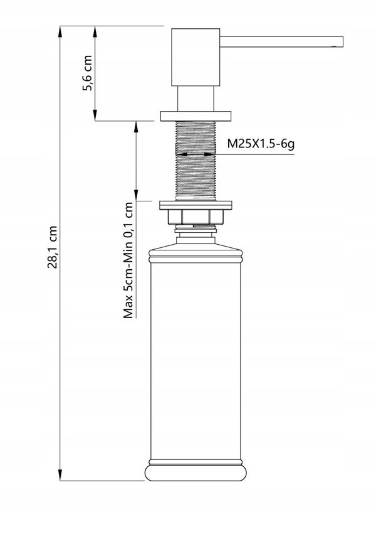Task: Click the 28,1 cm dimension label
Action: (52, 247)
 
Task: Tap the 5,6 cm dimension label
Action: (87, 73)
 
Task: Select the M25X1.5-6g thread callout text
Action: (260, 143)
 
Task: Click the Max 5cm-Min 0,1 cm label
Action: (128, 260)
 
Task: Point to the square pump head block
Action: (196, 57)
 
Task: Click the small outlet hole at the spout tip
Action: (333, 46)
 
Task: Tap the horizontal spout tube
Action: (281, 41)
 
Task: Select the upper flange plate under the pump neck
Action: (196, 116)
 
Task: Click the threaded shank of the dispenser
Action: (196, 161)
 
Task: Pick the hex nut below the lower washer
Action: (196, 217)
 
